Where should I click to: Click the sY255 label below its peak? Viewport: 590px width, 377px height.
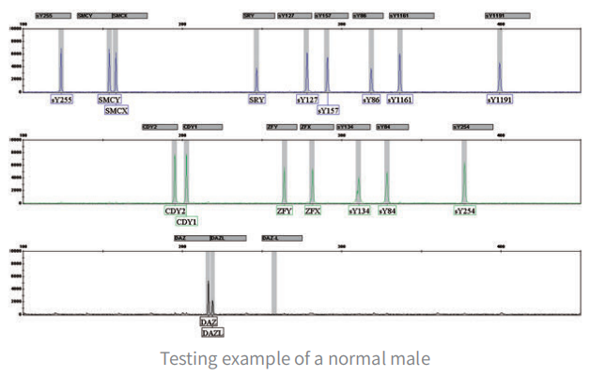coord(62,99)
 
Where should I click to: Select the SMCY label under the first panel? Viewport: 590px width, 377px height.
coord(109,99)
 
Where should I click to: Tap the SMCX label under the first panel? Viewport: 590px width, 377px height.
coord(116,110)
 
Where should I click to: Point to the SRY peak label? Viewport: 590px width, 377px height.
coord(256,99)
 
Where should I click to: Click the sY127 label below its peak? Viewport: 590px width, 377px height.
coord(307,99)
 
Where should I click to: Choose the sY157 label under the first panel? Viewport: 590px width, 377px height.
coord(328,110)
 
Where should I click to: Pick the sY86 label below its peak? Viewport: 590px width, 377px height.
coord(372,99)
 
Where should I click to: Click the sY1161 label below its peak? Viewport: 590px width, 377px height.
coord(400,99)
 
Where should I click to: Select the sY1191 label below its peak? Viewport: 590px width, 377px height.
coord(500,99)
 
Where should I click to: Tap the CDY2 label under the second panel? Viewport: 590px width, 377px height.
coord(175,212)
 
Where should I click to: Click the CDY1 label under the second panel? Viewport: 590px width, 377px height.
coord(187,222)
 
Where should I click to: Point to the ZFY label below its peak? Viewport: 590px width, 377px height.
coord(285,212)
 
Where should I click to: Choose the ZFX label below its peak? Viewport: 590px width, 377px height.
coord(313,212)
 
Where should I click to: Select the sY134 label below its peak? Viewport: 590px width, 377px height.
coord(358,212)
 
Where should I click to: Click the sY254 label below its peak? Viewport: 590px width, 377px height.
coord(464,212)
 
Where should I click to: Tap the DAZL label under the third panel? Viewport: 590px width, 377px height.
coord(213,332)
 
